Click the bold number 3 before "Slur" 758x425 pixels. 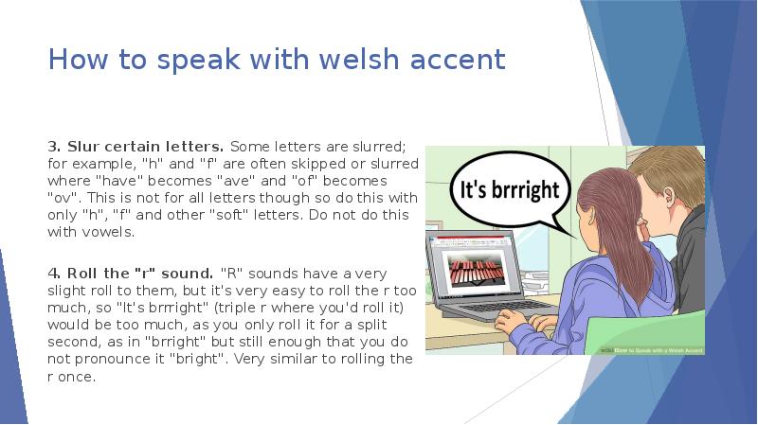(53, 147)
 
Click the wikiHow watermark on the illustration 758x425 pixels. (654, 348)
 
